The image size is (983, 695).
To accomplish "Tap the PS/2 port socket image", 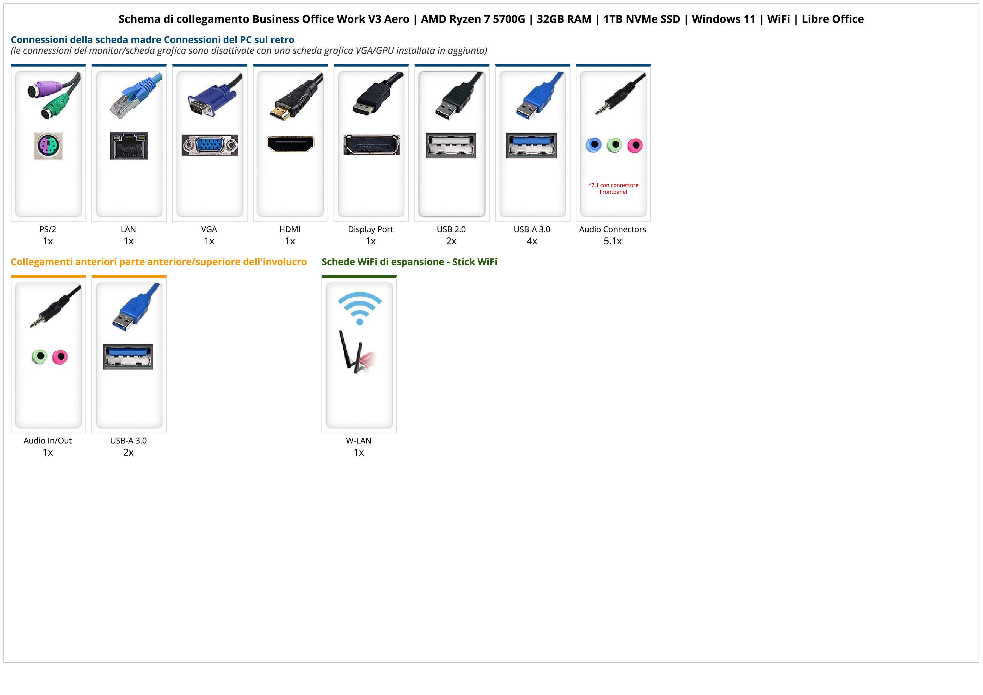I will click(48, 146).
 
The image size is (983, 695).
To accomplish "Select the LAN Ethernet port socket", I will click(129, 146).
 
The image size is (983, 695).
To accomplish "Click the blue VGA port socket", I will click(209, 145).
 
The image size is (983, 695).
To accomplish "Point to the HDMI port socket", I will click(290, 144).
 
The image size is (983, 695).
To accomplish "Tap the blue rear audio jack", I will click(593, 145).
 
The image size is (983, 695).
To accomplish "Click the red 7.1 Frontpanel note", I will click(613, 188).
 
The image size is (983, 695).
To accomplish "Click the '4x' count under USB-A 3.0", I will click(532, 241).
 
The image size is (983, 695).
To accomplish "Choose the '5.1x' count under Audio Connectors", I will click(613, 241).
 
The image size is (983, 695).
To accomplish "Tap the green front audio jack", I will click(39, 356).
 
